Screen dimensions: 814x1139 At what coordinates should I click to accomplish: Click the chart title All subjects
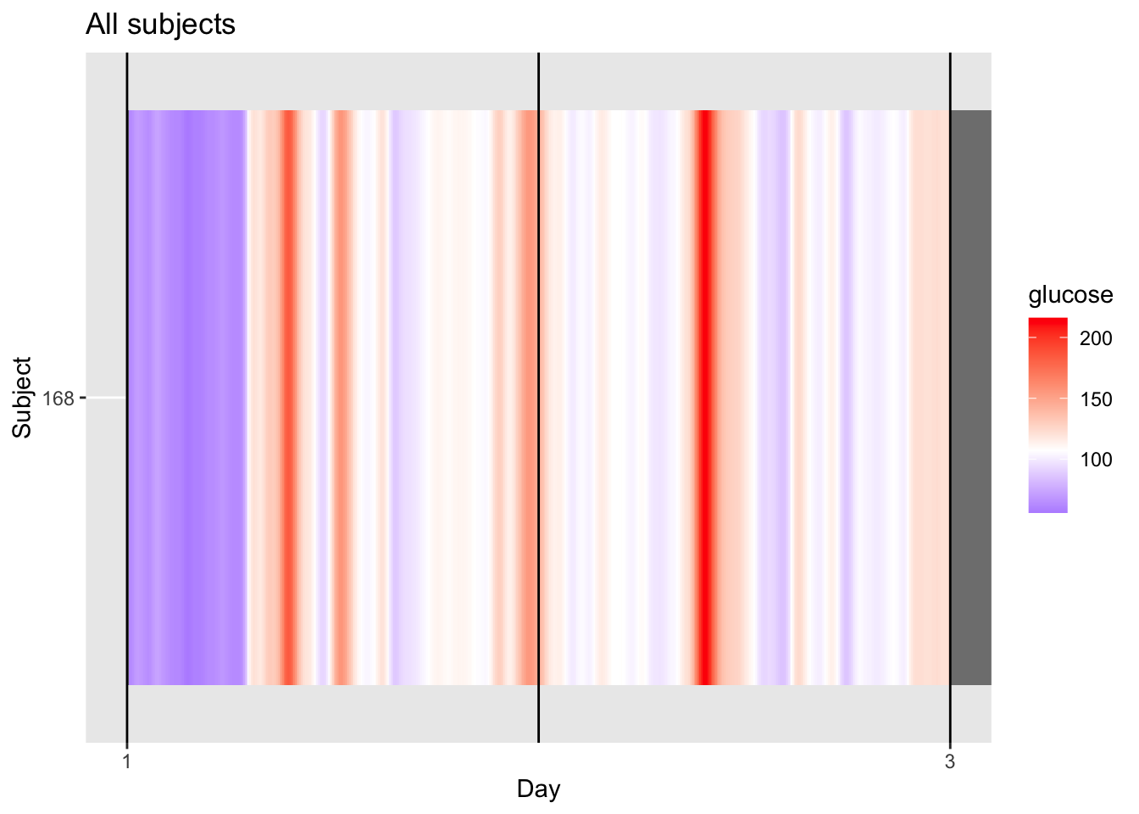point(160,25)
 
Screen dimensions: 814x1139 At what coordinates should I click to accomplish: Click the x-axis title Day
point(538,789)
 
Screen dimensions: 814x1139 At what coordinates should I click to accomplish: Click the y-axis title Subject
point(23,397)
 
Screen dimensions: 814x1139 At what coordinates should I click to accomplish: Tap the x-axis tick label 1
point(126,761)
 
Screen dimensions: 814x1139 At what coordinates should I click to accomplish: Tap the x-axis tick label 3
point(950,761)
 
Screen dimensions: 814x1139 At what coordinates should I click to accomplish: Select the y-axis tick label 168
point(58,398)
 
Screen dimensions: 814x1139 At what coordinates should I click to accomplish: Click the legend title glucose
point(1070,295)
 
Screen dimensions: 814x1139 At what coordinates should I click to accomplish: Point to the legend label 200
point(1096,339)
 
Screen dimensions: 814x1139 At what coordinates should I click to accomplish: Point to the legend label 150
point(1096,399)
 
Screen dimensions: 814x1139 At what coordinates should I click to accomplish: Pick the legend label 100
point(1096,460)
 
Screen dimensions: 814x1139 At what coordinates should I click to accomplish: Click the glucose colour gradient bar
point(1047,415)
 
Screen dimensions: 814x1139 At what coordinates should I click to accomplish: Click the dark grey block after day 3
point(970,397)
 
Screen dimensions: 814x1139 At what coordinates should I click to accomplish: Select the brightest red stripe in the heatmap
point(704,397)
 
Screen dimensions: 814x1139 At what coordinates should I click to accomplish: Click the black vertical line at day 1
point(127,397)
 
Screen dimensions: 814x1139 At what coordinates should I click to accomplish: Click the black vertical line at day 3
point(950,397)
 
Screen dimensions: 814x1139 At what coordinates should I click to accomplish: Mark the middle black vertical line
point(538,397)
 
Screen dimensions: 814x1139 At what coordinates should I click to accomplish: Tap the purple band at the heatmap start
point(186,397)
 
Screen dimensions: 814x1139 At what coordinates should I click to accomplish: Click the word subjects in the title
point(181,25)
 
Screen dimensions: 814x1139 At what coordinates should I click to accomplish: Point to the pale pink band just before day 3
point(930,397)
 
